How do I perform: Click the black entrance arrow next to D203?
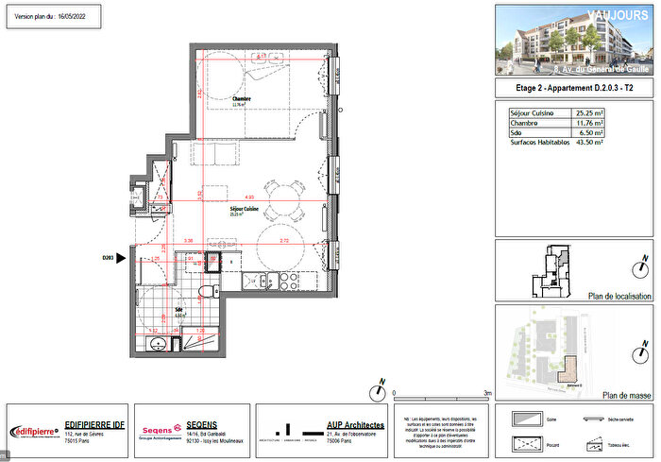121,256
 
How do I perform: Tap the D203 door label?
107,256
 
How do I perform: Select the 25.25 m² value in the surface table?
591,112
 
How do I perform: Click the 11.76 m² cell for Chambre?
591,123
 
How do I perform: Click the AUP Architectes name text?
355,425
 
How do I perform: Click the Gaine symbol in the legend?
527,418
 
